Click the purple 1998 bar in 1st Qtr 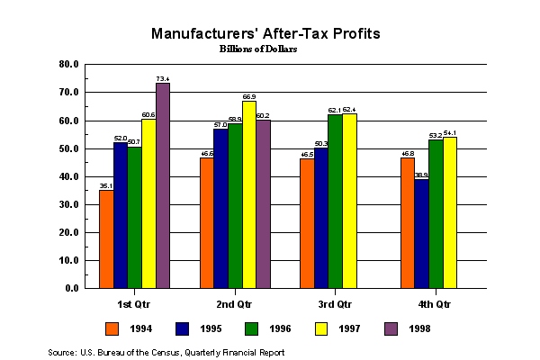click(x=163, y=186)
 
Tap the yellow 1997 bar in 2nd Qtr click(x=248, y=195)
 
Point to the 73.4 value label click(x=163, y=79)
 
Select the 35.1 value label click(x=106, y=186)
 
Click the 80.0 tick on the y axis click(x=69, y=65)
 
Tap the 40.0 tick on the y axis click(x=69, y=176)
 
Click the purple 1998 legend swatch click(x=391, y=328)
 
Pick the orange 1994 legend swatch click(x=112, y=328)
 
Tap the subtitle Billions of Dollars click(x=258, y=49)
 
